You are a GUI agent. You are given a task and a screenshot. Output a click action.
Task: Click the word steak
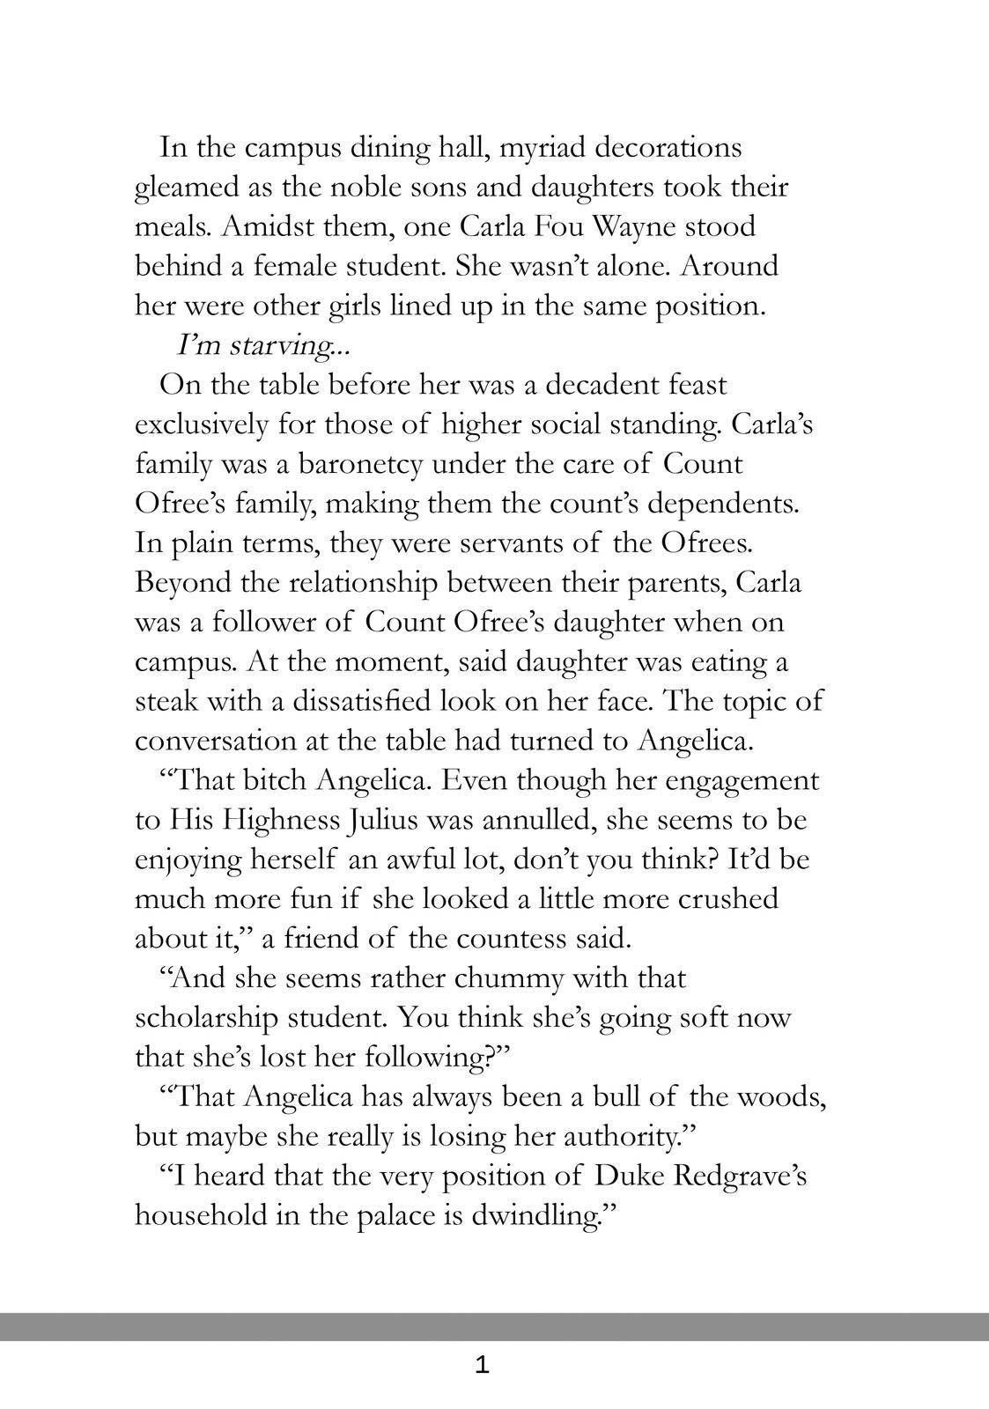(x=167, y=701)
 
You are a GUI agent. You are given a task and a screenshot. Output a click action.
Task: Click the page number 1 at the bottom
(x=481, y=1366)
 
